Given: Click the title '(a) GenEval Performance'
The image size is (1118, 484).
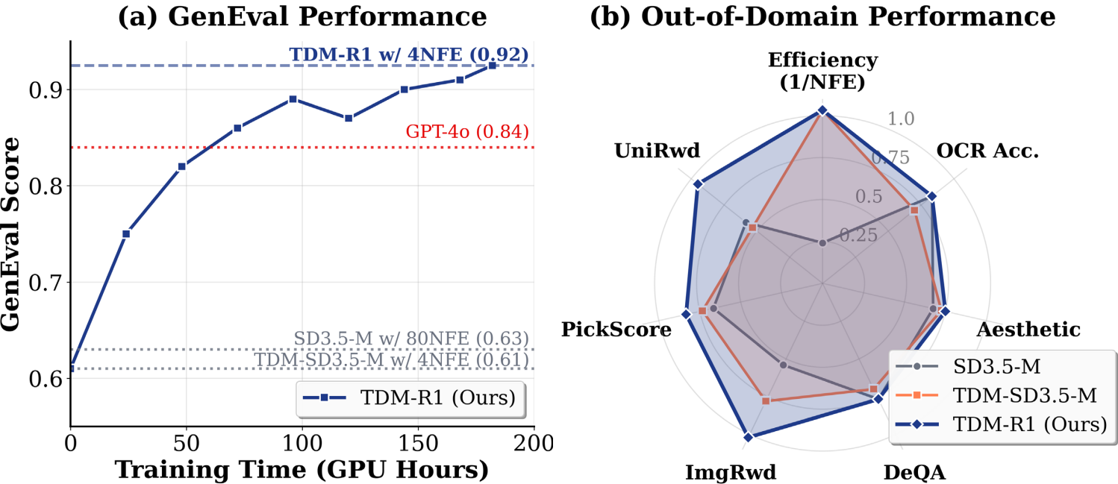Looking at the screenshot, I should pos(302,16).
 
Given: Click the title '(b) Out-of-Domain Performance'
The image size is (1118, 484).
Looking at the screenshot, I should pos(822,16).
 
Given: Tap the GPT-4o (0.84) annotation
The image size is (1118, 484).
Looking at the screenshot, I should pos(467,132).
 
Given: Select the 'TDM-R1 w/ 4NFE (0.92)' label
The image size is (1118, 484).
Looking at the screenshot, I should pos(409,54).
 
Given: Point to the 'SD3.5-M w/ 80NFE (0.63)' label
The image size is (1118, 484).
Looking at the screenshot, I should pos(411,338).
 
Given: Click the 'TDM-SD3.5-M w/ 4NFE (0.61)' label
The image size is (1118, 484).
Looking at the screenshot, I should pos(391,359).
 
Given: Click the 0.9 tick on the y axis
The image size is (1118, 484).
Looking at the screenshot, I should pos(46,90).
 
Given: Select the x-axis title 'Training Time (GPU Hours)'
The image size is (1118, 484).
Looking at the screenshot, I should pos(302,470).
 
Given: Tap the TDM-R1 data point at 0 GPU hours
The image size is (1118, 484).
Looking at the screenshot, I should pos(71,368).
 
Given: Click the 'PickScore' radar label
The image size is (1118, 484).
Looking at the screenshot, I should pos(616,329).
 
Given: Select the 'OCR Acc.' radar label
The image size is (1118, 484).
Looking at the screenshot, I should pos(987,151).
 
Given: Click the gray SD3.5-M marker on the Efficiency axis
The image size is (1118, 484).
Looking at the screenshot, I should pos(822,243).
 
